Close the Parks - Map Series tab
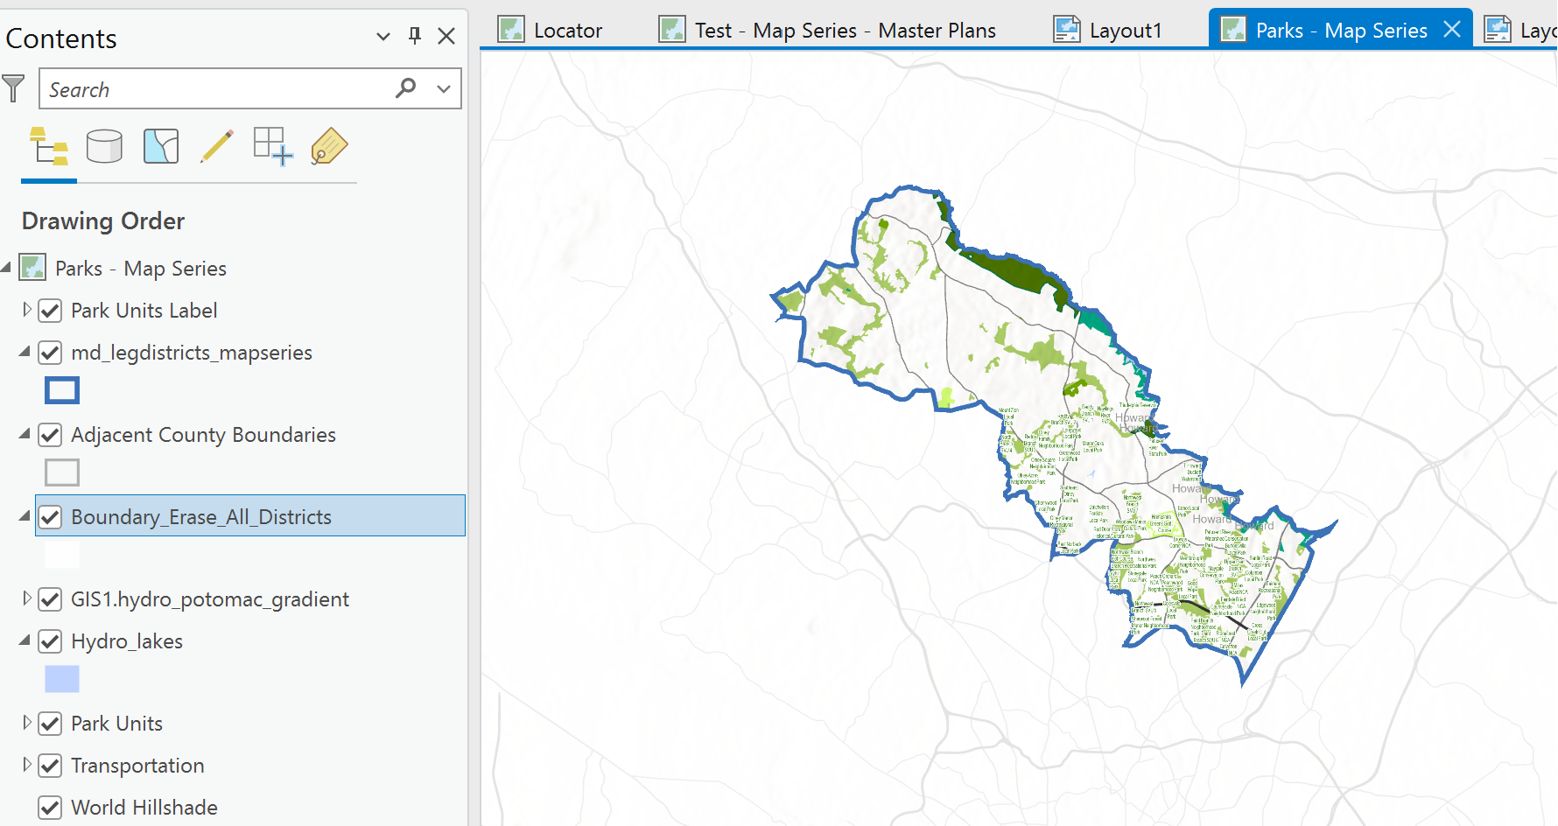(1452, 30)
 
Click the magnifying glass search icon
(405, 88)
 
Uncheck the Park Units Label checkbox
(51, 311)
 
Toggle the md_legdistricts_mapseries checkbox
(51, 353)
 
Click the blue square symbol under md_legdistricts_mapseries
(62, 390)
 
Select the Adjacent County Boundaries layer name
(203, 435)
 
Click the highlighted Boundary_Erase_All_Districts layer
(201, 517)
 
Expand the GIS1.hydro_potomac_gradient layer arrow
(27, 598)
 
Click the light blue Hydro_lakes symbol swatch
(62, 679)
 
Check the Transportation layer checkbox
(51, 766)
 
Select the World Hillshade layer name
(144, 808)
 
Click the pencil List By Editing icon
(216, 146)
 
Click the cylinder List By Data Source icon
(104, 146)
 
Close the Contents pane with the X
(446, 36)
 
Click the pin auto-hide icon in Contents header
(415, 36)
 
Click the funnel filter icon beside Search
(14, 88)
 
